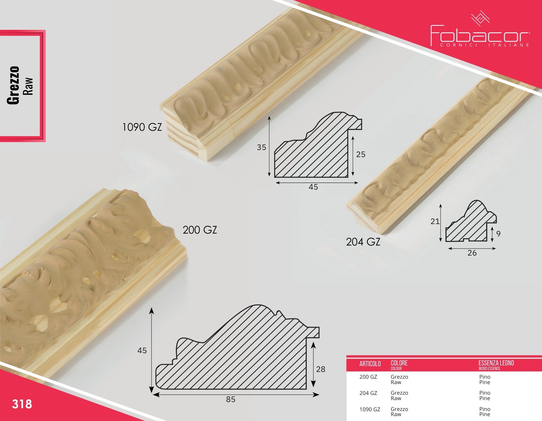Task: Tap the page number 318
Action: pyautogui.click(x=22, y=404)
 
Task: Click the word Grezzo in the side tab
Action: pyautogui.click(x=13, y=85)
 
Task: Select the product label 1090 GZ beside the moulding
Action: pyautogui.click(x=142, y=127)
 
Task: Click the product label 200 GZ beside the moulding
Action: pyautogui.click(x=200, y=230)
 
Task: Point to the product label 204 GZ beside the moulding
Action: pyautogui.click(x=363, y=242)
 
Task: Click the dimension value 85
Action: pyautogui.click(x=231, y=399)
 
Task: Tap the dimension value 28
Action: pyautogui.click(x=321, y=369)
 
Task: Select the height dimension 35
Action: pyautogui.click(x=262, y=147)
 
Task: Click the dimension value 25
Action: pyautogui.click(x=361, y=154)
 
